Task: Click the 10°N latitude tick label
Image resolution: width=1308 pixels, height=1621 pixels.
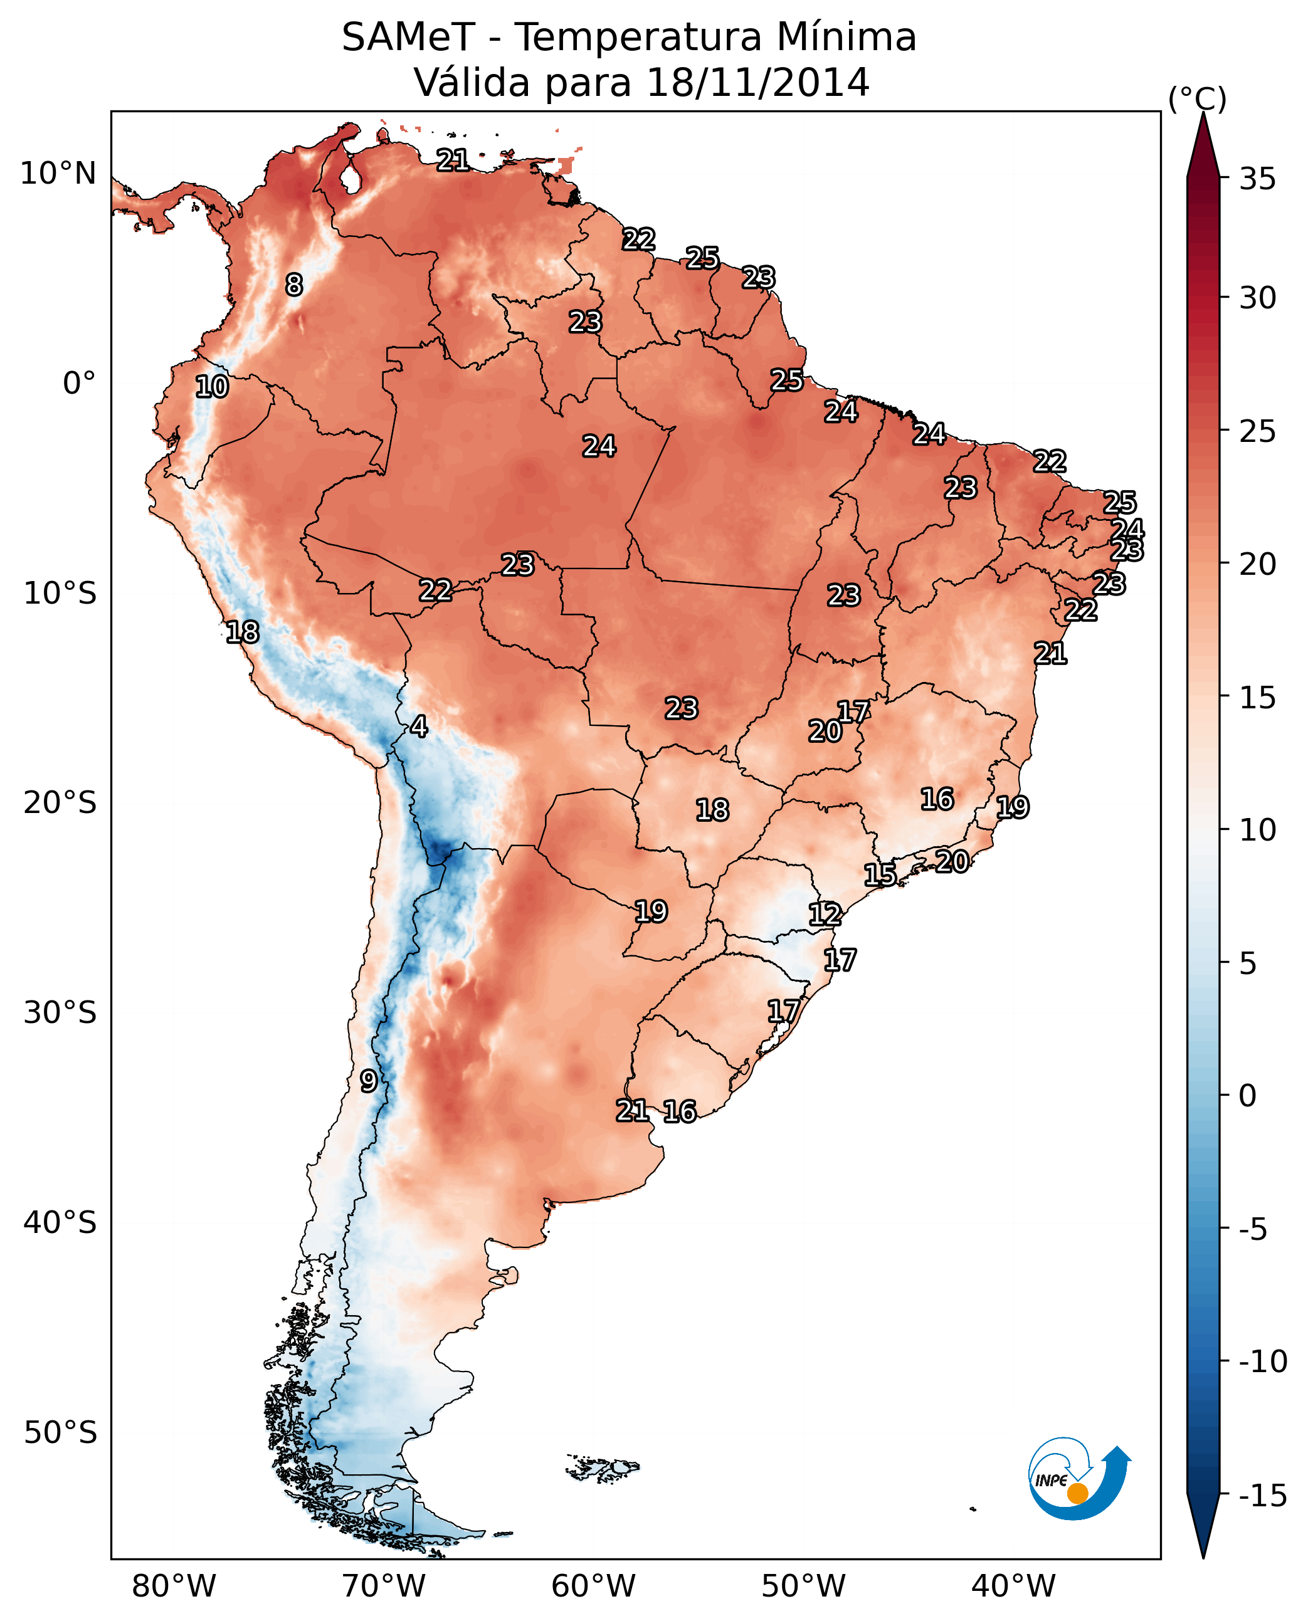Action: (x=58, y=174)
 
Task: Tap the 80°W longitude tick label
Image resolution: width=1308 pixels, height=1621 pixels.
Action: (x=174, y=1586)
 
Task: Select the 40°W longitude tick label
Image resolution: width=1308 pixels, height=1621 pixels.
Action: (x=1013, y=1586)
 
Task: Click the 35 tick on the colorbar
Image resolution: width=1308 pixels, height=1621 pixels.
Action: (x=1257, y=179)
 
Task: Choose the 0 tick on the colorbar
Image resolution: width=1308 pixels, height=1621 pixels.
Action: (x=1248, y=1096)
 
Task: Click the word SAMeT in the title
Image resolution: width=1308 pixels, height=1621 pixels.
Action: (x=408, y=38)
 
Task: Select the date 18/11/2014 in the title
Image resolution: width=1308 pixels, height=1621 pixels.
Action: (x=758, y=83)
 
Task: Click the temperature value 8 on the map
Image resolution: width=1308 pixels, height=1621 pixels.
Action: (x=294, y=285)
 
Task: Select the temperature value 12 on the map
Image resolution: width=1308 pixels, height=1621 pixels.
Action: (x=825, y=915)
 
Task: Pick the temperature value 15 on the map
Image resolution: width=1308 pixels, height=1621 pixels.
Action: (x=880, y=874)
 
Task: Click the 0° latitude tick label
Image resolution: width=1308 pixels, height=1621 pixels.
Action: (x=79, y=384)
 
